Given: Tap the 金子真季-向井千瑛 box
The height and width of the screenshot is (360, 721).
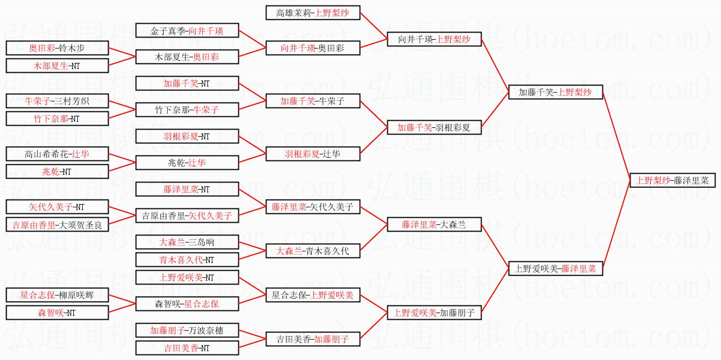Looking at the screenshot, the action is click(x=187, y=30).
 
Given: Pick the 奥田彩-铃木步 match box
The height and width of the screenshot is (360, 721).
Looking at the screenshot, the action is click(x=57, y=48).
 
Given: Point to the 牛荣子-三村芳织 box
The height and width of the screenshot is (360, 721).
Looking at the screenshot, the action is click(x=57, y=101).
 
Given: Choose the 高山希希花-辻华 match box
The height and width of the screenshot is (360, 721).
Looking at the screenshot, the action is click(x=57, y=154).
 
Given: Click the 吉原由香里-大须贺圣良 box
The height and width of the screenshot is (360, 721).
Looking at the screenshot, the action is click(x=57, y=224).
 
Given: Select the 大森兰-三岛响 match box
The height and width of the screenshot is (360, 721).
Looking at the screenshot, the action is click(x=187, y=242).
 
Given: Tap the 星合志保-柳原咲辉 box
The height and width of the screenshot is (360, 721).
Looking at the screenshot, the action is click(x=57, y=295).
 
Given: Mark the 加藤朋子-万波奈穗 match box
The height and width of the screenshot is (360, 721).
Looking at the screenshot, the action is click(x=187, y=330).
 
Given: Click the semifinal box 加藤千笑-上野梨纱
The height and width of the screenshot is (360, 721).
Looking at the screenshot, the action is click(x=555, y=92).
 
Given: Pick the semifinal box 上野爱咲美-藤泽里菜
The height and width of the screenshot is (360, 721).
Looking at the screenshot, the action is click(x=555, y=268).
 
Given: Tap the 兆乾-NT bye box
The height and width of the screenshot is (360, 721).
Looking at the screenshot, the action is click(x=57, y=171).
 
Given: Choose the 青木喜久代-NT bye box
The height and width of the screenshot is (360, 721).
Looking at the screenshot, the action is click(x=187, y=260).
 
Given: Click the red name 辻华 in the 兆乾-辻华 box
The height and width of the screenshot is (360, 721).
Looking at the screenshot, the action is click(x=197, y=163).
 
